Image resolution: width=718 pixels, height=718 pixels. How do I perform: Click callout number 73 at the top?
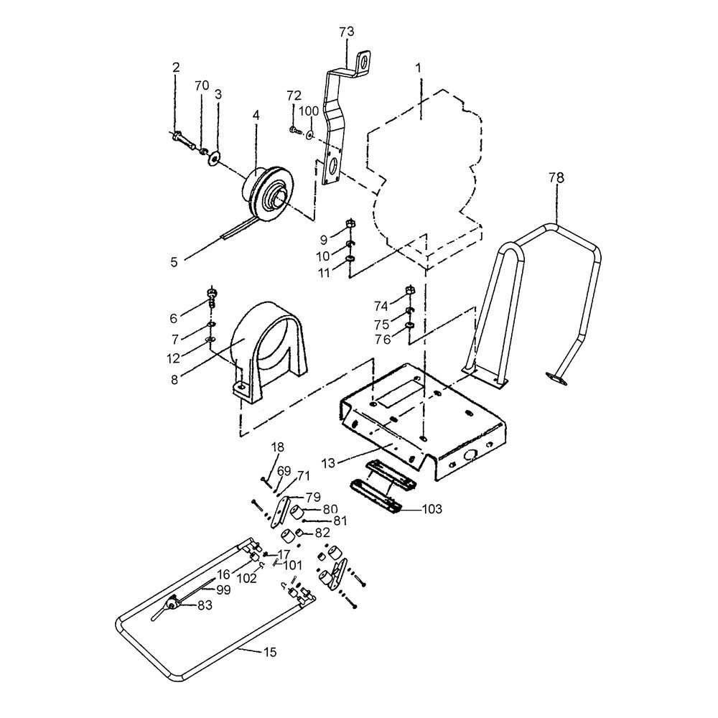[x=347, y=32]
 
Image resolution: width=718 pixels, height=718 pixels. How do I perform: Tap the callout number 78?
[x=556, y=177]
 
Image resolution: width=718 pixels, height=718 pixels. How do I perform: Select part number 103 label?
[x=432, y=509]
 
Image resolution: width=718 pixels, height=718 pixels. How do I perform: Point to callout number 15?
[x=271, y=652]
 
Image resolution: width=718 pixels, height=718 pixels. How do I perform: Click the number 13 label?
[x=328, y=463]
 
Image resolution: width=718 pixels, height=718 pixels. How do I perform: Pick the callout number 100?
[x=309, y=111]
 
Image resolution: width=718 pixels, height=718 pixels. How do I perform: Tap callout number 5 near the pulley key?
[x=174, y=262]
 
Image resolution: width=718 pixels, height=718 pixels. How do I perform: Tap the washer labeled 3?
[x=213, y=159]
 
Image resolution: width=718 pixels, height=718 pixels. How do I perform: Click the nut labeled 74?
[x=410, y=290]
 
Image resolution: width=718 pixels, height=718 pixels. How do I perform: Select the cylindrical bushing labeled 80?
[x=299, y=513]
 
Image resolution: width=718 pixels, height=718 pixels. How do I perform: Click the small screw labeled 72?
[x=294, y=131]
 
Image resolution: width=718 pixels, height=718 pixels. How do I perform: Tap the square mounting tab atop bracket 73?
[x=363, y=62]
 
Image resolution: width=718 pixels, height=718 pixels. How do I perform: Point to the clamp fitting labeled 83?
[x=172, y=604]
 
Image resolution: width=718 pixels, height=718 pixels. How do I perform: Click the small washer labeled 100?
[x=310, y=135]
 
